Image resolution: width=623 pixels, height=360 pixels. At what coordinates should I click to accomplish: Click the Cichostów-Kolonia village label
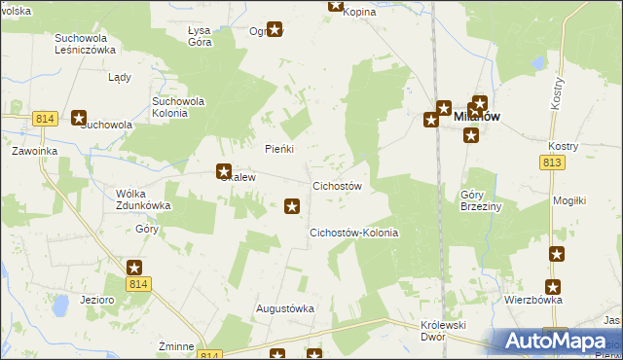pyautogui.click(x=353, y=234)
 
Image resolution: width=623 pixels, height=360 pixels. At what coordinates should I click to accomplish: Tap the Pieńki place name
pyautogui.click(x=279, y=149)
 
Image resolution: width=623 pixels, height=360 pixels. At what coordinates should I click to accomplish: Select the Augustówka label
pyautogui.click(x=285, y=308)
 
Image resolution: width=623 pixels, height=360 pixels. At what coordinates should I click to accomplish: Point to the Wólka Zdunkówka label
pyautogui.click(x=142, y=198)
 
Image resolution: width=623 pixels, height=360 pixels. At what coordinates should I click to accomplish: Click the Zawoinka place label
pyautogui.click(x=35, y=152)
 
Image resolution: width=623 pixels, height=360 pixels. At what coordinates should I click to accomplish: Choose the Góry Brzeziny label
pyautogui.click(x=477, y=200)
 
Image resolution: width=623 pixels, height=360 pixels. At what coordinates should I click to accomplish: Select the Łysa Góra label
pyautogui.click(x=200, y=37)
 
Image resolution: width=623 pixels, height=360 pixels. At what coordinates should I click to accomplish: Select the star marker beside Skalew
pyautogui.click(x=223, y=171)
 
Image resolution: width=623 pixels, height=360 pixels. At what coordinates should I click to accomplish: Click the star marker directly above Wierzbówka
pyautogui.click(x=553, y=286)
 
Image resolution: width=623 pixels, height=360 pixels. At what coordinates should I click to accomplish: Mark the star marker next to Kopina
pyautogui.click(x=336, y=5)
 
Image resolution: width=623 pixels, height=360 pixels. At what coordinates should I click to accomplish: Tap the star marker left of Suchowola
pyautogui.click(x=80, y=117)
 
